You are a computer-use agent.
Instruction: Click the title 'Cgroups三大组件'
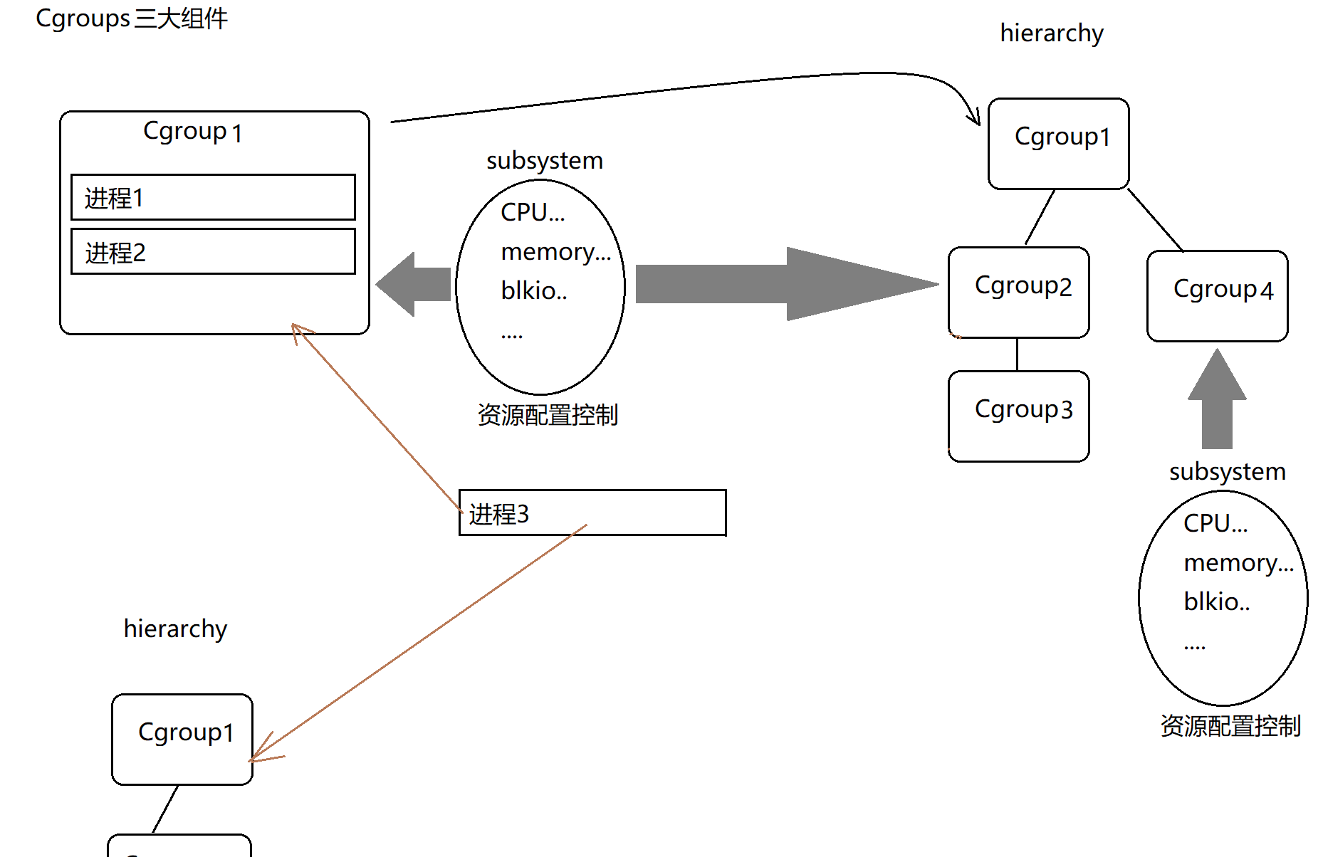[132, 19]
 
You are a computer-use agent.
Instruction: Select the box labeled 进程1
[213, 197]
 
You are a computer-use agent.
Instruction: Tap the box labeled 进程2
[213, 251]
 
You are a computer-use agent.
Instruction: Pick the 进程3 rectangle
[592, 512]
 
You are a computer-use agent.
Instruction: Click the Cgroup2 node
[1018, 292]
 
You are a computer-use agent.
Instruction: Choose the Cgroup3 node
[1018, 416]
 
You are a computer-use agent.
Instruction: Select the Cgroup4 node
[1217, 295]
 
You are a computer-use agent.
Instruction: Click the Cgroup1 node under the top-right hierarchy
[1058, 143]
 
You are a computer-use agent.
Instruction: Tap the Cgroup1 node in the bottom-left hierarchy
[182, 739]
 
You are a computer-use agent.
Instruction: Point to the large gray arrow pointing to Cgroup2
[783, 284]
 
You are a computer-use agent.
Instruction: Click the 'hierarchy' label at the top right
[1052, 33]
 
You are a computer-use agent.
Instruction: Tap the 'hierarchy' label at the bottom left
[175, 629]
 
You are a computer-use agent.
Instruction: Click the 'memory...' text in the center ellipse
[556, 252]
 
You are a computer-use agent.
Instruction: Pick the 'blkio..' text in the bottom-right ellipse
[1217, 602]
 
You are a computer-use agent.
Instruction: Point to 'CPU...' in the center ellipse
[533, 212]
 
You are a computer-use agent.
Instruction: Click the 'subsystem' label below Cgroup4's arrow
[1228, 472]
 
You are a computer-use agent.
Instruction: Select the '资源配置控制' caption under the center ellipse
[548, 415]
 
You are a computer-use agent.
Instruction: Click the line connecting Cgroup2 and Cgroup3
[1017, 354]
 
